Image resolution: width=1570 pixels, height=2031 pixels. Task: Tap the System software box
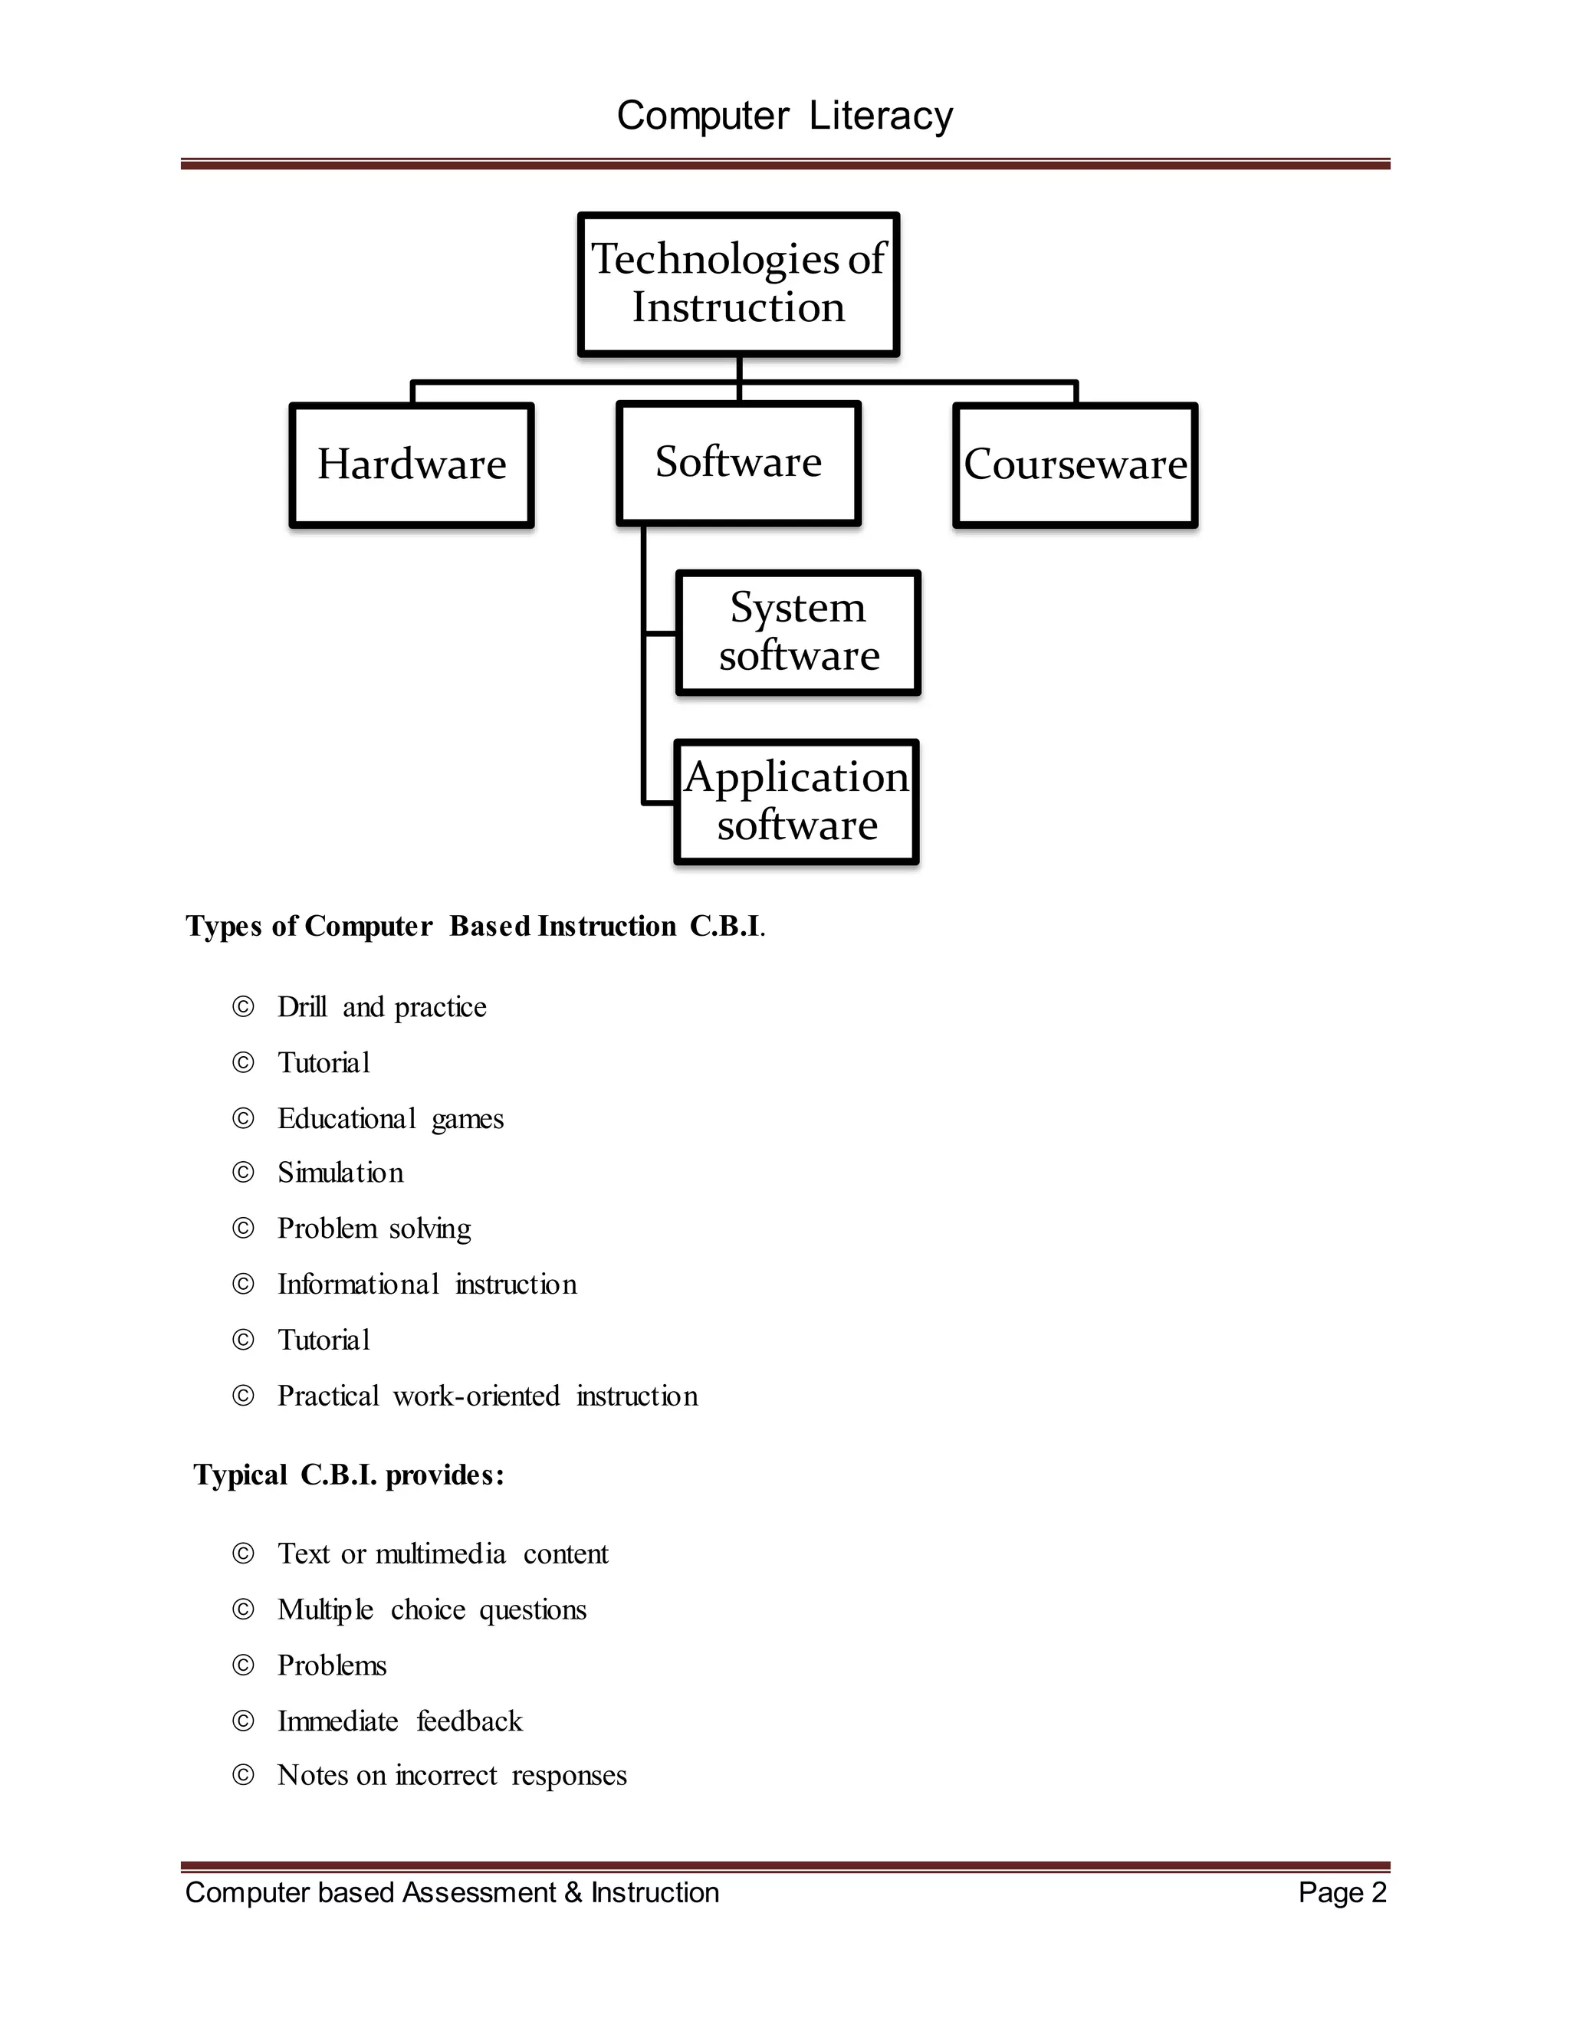798,632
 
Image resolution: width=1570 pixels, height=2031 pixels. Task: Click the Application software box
796,801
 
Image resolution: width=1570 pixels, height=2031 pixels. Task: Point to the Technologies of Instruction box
738,283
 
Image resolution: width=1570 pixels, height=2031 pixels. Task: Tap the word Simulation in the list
340,1173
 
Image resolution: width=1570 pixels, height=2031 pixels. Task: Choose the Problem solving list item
374,1229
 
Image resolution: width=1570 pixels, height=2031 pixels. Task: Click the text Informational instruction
427,1285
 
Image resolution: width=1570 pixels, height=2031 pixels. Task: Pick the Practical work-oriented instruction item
488,1396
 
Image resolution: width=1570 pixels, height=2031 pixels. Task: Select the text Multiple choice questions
432,1609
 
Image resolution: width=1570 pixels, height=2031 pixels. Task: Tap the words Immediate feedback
400,1721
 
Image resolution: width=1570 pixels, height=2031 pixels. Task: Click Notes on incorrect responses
452,1775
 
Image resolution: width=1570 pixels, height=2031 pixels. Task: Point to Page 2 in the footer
1342,1892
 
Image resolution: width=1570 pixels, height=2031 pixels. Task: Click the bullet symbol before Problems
243,1665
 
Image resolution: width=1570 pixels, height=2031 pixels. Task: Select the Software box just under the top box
738,462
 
